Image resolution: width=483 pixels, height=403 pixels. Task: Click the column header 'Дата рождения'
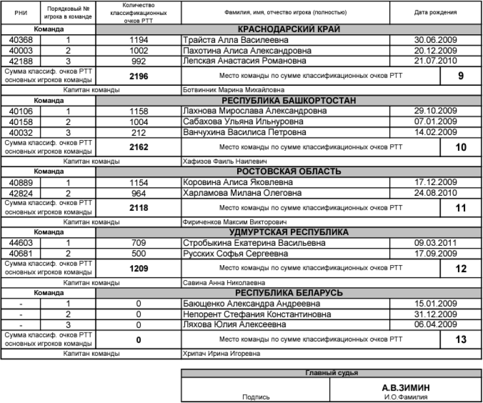coord(435,12)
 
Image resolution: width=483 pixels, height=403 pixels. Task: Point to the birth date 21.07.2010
coord(435,61)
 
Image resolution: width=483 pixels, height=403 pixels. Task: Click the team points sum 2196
coord(138,76)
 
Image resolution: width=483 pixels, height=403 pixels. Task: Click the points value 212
coord(138,131)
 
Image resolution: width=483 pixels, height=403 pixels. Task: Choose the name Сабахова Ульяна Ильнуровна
coord(244,121)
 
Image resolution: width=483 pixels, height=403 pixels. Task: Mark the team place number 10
coord(460,146)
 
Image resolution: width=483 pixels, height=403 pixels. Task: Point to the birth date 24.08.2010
coord(435,192)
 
